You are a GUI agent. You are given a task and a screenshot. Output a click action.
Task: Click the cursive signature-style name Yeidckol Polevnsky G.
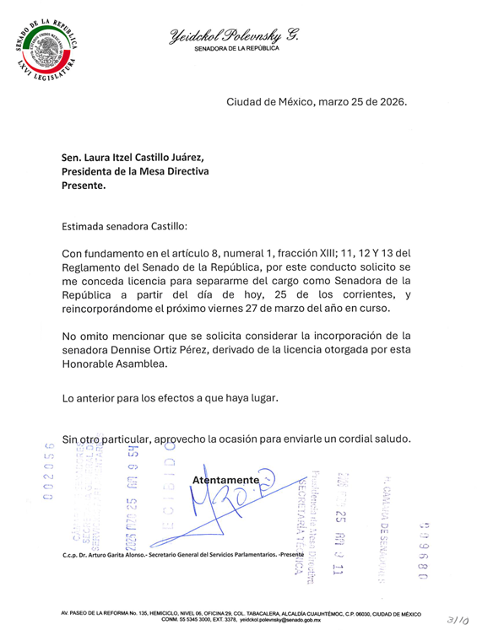pyautogui.click(x=234, y=35)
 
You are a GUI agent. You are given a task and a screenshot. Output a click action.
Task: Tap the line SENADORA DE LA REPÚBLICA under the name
pyautogui.click(x=234, y=51)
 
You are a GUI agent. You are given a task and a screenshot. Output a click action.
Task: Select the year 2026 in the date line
pyautogui.click(x=390, y=103)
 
